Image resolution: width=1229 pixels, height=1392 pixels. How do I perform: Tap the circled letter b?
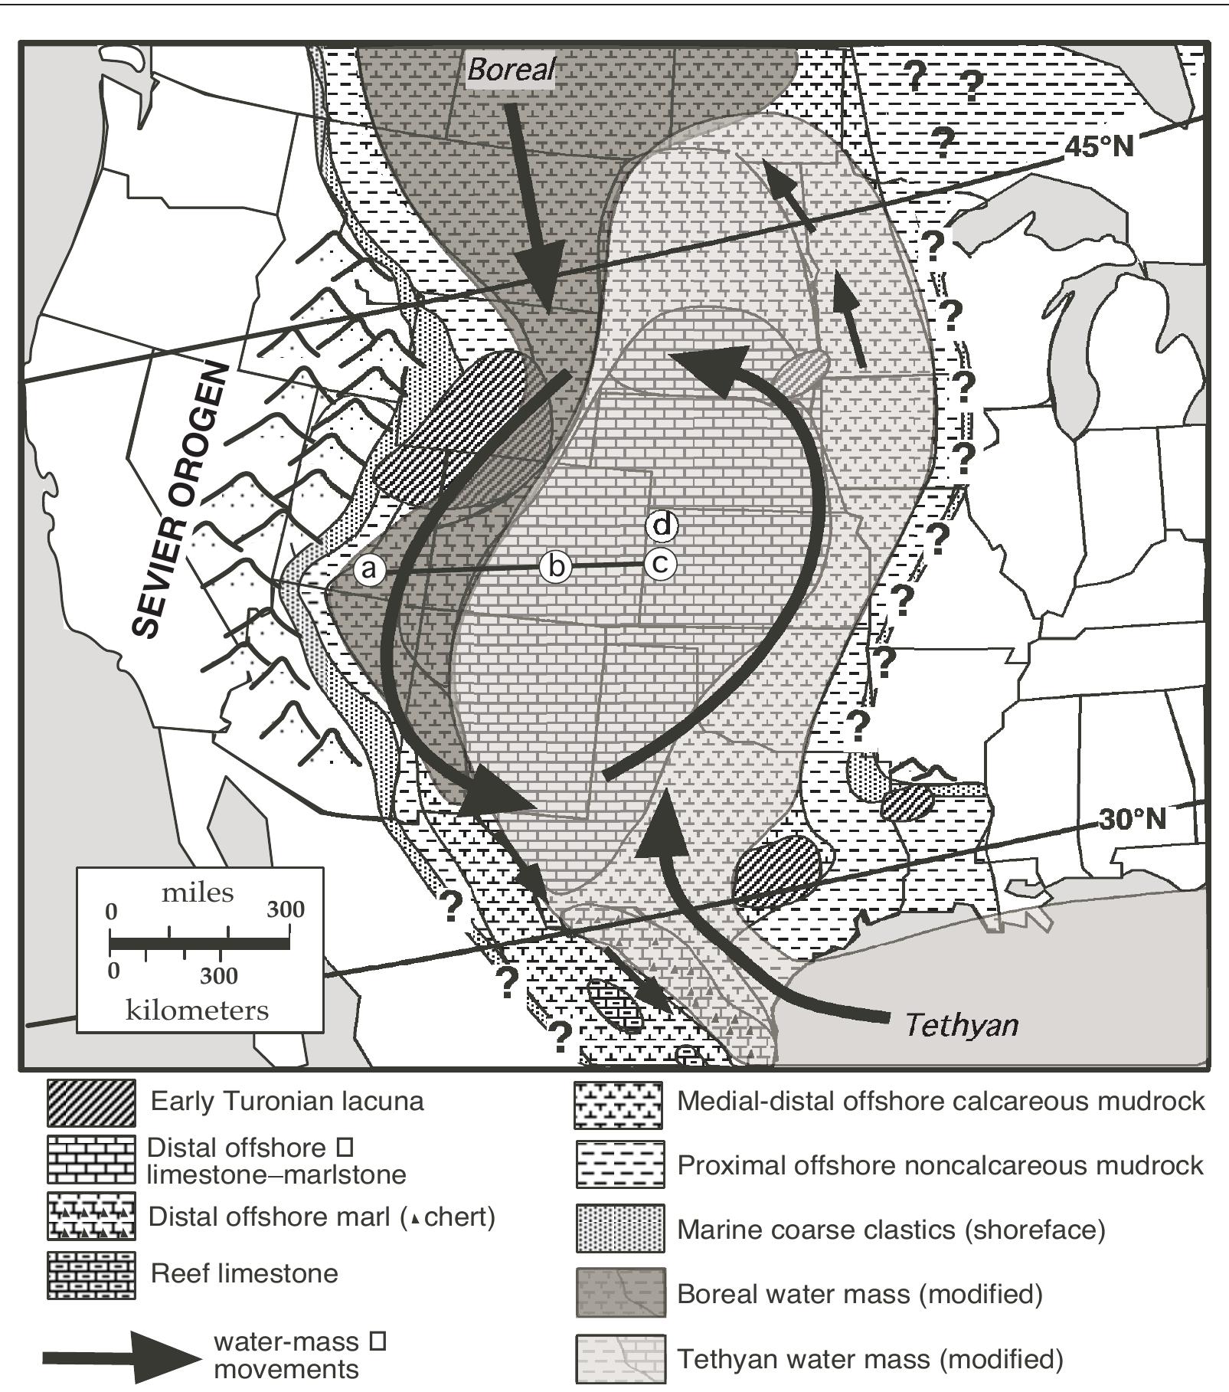[556, 567]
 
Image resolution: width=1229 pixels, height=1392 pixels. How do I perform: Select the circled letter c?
[660, 564]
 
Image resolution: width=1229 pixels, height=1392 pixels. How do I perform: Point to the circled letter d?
[662, 526]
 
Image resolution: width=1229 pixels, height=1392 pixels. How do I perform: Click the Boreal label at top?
[511, 70]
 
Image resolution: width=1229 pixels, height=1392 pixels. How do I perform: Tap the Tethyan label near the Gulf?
[962, 1024]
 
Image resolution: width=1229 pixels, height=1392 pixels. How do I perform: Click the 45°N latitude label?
[1099, 146]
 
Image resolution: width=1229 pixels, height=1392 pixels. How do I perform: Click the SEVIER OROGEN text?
[181, 499]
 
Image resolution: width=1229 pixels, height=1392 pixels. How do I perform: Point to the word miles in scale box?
[198, 893]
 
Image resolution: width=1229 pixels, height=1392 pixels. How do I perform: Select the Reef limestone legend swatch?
[91, 1276]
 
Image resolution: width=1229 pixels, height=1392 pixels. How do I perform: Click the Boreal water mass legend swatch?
[619, 1293]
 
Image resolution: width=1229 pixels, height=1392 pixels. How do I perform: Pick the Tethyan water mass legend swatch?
[619, 1358]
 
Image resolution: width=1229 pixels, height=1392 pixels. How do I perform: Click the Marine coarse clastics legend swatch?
[619, 1229]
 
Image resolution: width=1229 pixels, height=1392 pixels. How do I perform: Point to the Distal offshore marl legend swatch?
[91, 1217]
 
